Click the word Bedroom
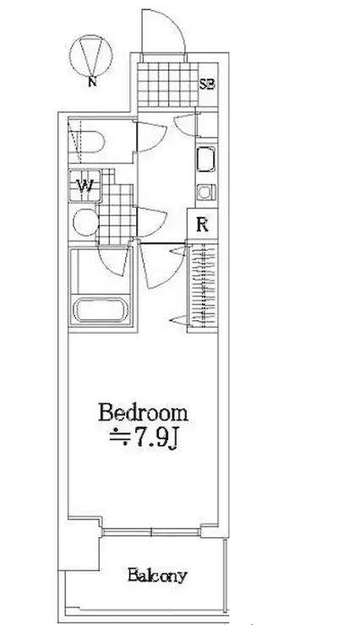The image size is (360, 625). [143, 413]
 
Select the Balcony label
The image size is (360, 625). [157, 576]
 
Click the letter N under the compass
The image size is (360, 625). [92, 82]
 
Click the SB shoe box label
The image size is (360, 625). [207, 84]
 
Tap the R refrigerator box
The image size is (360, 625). [203, 226]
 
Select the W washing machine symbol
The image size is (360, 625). [85, 186]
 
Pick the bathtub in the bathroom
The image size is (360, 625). [101, 310]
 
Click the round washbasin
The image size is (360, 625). [85, 222]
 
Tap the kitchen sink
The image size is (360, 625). [205, 160]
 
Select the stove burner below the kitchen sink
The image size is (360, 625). [205, 193]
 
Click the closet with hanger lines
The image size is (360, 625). [203, 287]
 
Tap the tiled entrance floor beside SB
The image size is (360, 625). [168, 84]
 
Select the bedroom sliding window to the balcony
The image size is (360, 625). [151, 532]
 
